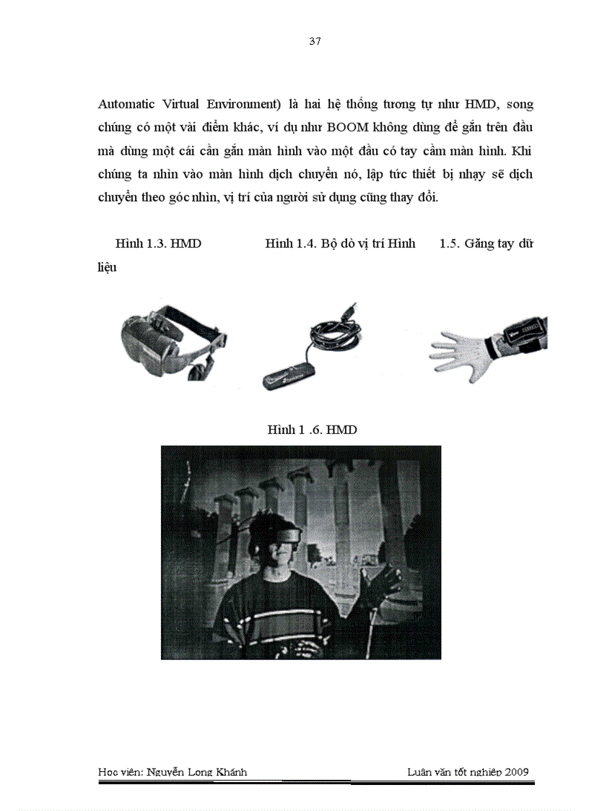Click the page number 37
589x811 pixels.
[315, 41]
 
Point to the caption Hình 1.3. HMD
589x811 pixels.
[158, 243]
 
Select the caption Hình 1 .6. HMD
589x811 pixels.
[312, 430]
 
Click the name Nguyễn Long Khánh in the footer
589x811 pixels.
[196, 772]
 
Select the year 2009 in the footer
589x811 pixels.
[517, 772]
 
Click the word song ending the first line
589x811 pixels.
[520, 104]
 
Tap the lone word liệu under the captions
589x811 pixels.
[108, 267]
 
